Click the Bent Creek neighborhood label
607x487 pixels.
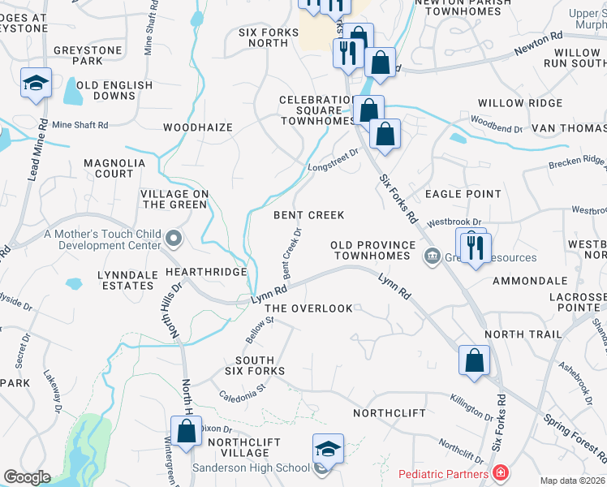pyautogui.click(x=308, y=215)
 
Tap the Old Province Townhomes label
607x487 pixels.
pyautogui.click(x=370, y=250)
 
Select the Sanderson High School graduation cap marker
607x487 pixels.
pyautogui.click(x=328, y=449)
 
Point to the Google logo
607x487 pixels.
pyautogui.click(x=26, y=476)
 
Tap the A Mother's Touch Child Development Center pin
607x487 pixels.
pyautogui.click(x=174, y=239)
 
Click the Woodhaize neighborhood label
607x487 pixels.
pyautogui.click(x=198, y=127)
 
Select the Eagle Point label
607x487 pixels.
pyautogui.click(x=463, y=194)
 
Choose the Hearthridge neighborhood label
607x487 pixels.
pyautogui.click(x=205, y=272)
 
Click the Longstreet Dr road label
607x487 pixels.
pyautogui.click(x=333, y=161)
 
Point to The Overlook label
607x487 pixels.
pyautogui.click(x=309, y=308)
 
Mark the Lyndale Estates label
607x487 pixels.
pyautogui.click(x=127, y=281)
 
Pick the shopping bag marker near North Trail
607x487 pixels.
pyautogui.click(x=474, y=361)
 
